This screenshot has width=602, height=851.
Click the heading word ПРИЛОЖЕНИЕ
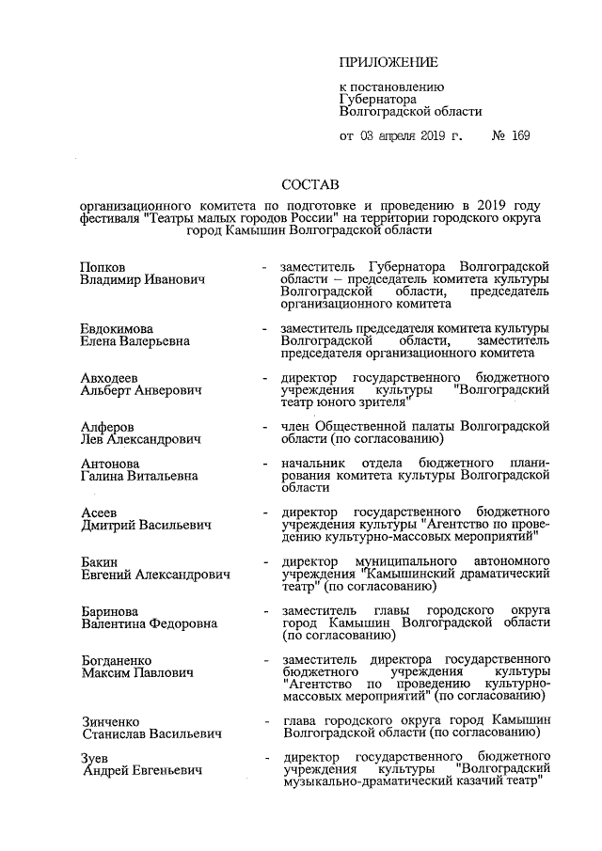tap(388, 63)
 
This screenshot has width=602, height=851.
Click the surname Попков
tap(103, 268)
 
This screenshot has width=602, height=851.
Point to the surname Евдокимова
tap(117, 327)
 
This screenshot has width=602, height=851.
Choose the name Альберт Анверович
tap(141, 389)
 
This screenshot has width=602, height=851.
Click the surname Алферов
tap(107, 426)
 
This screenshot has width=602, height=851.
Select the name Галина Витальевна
tap(139, 476)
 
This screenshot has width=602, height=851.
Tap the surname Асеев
tap(101, 512)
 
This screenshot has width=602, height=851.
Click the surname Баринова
tap(110, 611)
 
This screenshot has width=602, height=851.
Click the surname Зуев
tap(97, 759)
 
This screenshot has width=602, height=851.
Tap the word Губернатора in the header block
tap(376, 99)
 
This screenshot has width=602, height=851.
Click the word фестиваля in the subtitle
tap(110, 218)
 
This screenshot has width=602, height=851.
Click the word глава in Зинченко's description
tap(301, 721)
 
